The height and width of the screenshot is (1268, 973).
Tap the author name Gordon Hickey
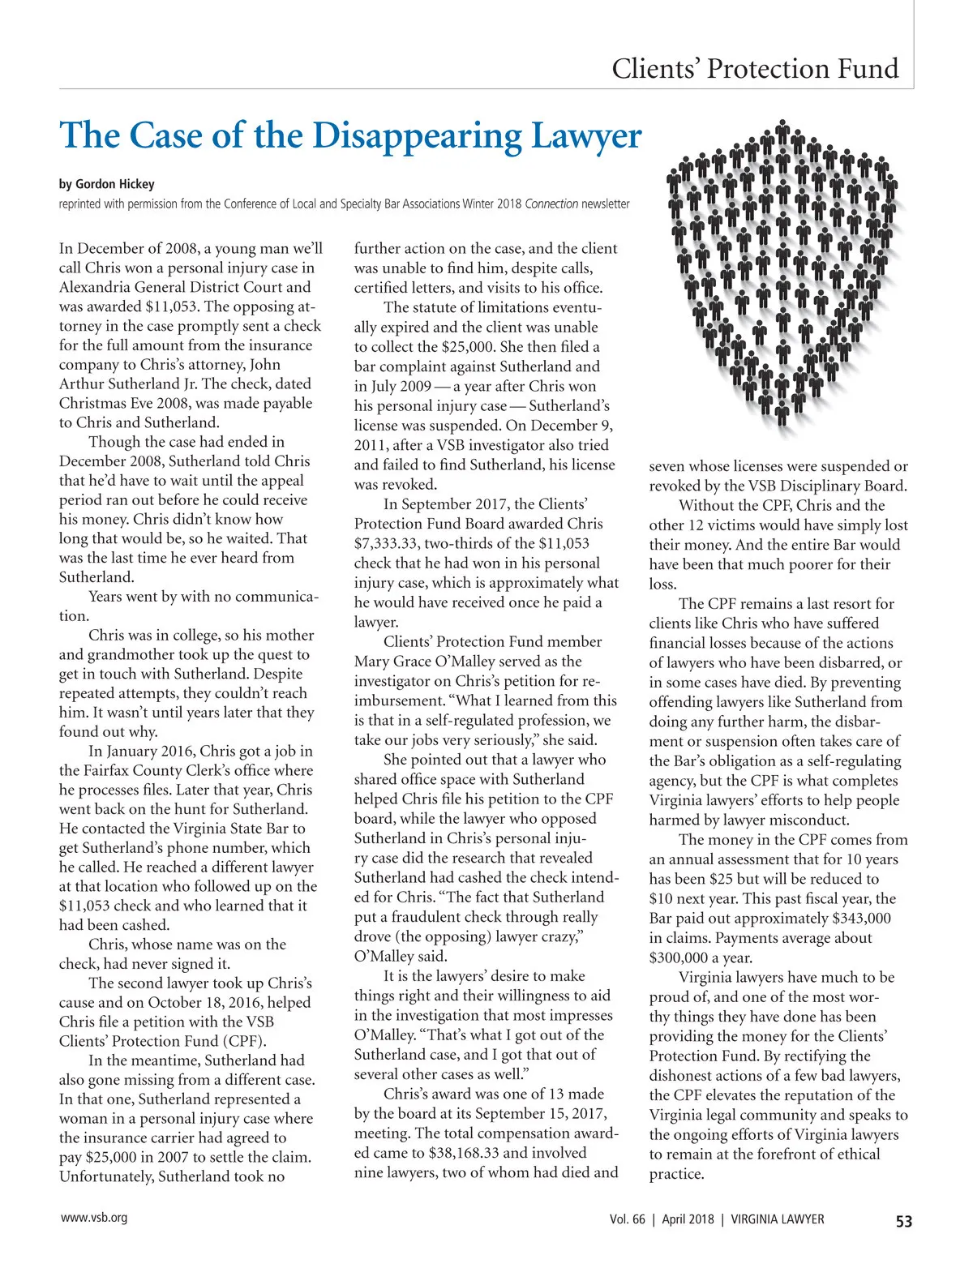[x=115, y=184]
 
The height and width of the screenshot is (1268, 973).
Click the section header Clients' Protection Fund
[x=755, y=68]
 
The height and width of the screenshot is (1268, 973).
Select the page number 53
[x=903, y=1221]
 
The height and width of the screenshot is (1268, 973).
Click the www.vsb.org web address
[x=94, y=1217]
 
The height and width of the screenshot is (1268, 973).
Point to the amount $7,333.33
[x=391, y=543]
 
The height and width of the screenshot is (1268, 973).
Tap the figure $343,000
[x=861, y=918]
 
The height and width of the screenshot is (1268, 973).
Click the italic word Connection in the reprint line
[x=551, y=203]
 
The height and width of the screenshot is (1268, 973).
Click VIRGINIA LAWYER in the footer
[x=778, y=1219]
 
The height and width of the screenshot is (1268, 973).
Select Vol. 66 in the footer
[x=628, y=1219]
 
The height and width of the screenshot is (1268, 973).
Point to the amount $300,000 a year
[x=700, y=957]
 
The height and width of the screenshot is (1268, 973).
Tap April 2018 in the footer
[x=688, y=1219]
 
